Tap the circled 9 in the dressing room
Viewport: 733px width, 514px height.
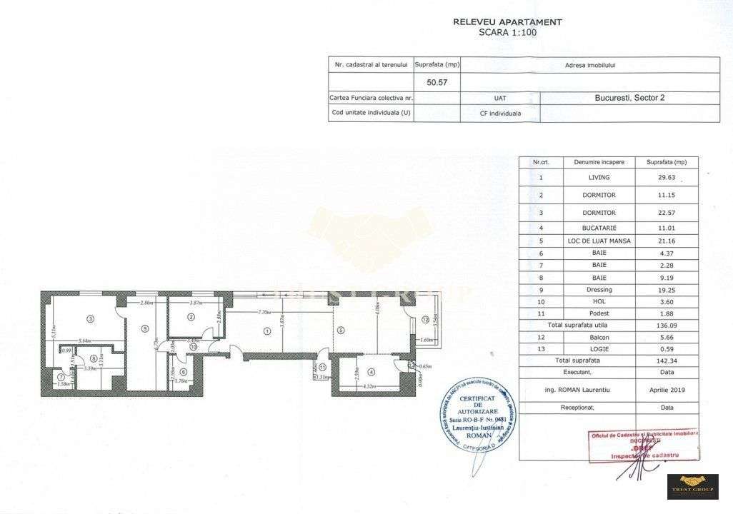click(144, 329)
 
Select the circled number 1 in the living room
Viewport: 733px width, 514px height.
click(267, 331)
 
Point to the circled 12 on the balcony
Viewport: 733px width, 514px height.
click(424, 319)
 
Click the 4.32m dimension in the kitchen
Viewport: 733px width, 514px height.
click(369, 386)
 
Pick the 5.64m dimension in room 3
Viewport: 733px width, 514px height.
click(85, 341)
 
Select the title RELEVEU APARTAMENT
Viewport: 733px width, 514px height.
click(507, 22)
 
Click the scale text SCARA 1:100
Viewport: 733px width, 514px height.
click(507, 32)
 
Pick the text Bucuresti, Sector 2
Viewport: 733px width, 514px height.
click(629, 98)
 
